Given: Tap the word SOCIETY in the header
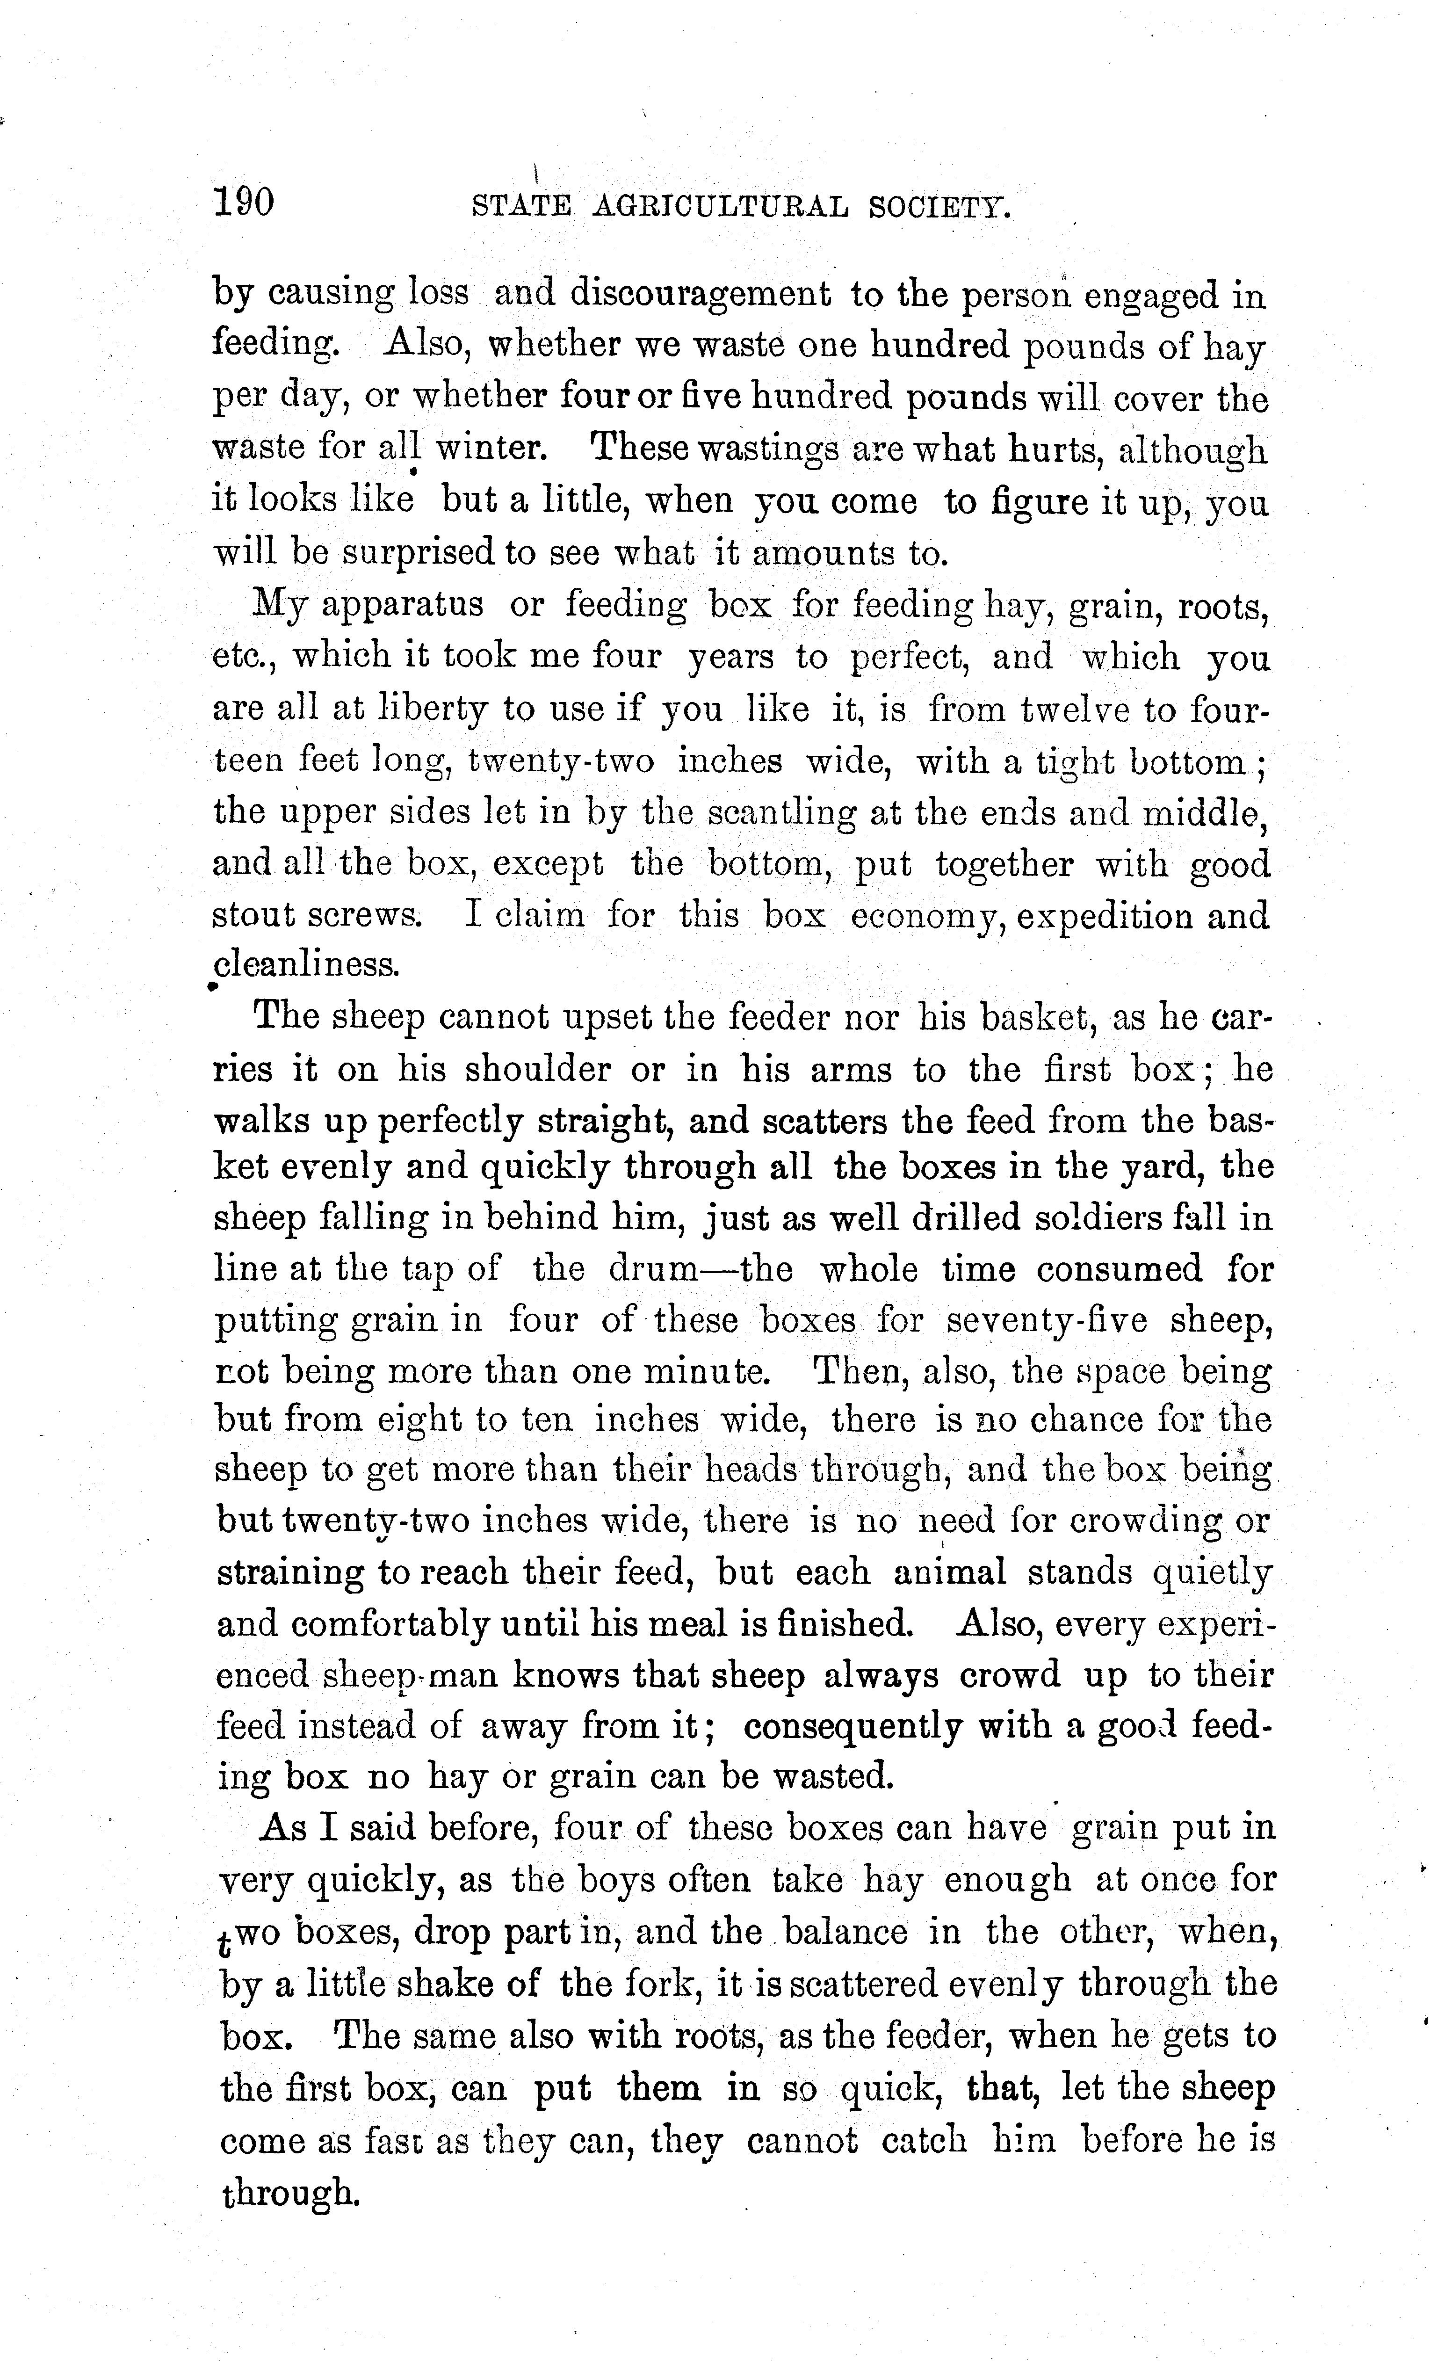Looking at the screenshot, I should [939, 207].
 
